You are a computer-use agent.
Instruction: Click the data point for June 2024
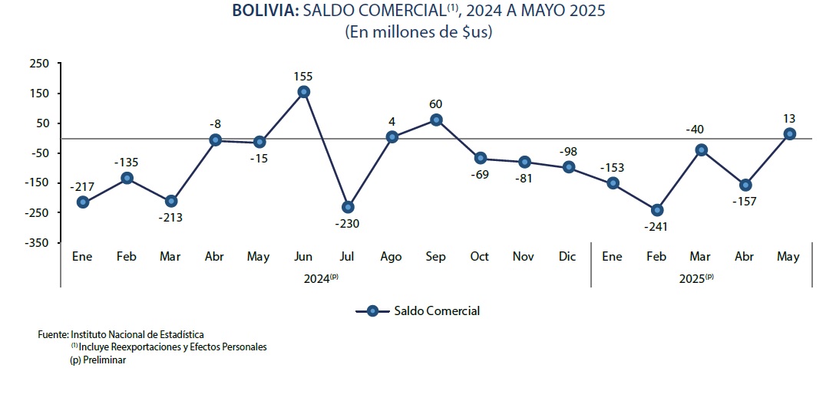click(x=303, y=92)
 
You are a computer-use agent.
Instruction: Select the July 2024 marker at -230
click(x=348, y=207)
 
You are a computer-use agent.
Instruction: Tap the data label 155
click(x=303, y=77)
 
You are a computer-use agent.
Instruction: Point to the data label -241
click(x=656, y=227)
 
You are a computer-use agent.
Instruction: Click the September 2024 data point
click(x=436, y=120)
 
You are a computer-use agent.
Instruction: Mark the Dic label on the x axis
click(x=568, y=257)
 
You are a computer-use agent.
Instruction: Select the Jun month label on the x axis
click(x=303, y=257)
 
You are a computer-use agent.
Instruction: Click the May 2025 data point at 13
click(x=789, y=134)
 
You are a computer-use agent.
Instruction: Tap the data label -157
click(x=745, y=202)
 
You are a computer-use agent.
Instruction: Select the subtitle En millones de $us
click(x=418, y=32)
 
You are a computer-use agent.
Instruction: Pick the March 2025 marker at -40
click(x=701, y=149)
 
